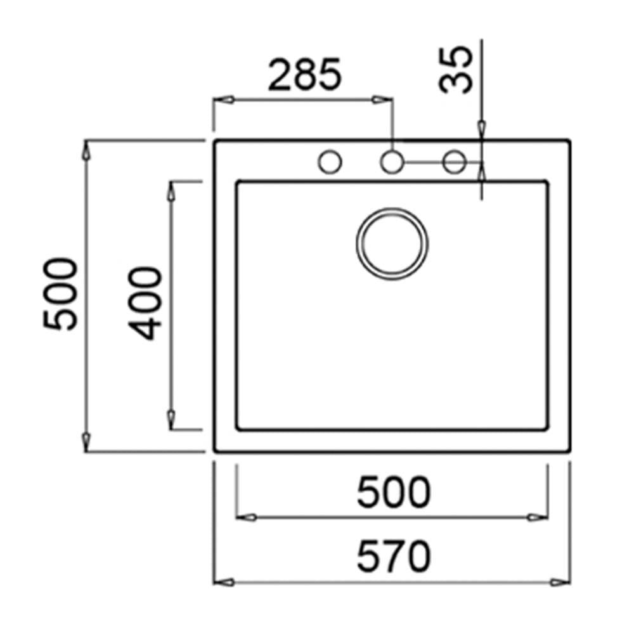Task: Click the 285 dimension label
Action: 305,74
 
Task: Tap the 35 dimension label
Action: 456,69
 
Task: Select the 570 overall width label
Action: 394,556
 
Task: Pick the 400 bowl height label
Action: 145,303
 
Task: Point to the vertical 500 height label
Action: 60,294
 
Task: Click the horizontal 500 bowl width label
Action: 394,491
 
